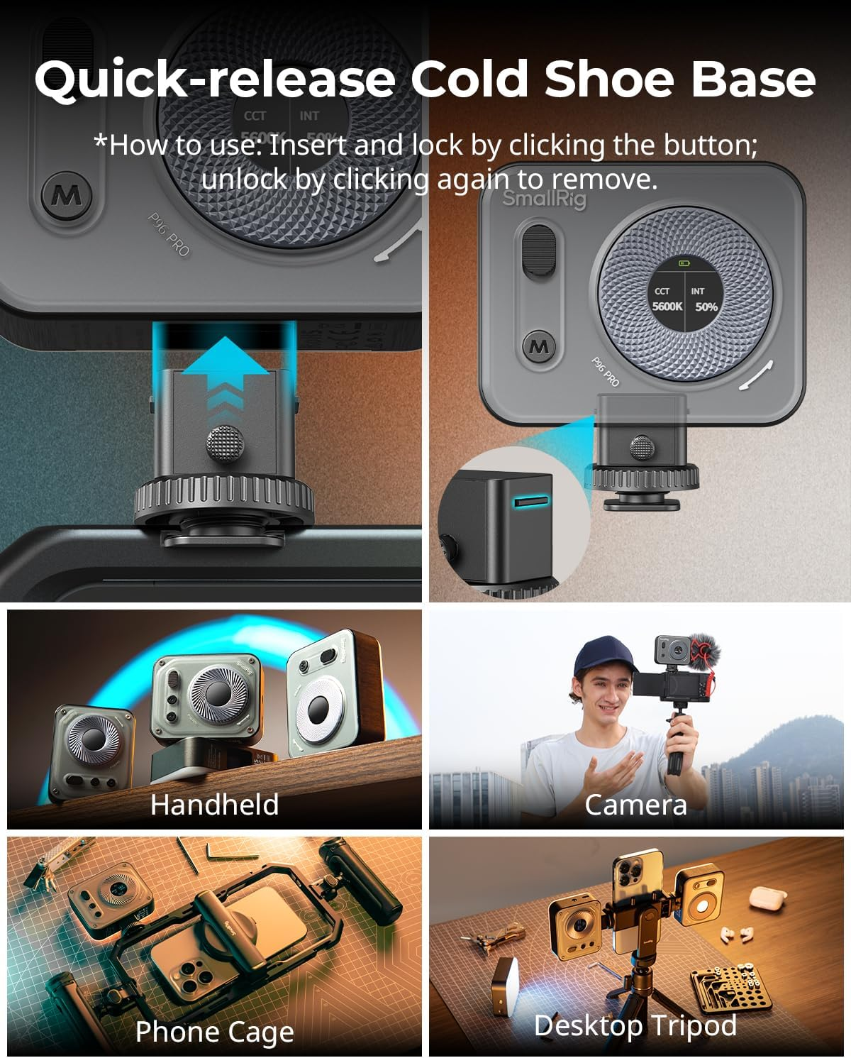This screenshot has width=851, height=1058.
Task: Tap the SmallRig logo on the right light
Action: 545,199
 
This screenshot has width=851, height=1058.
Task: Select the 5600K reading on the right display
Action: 667,307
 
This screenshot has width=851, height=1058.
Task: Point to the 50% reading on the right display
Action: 706,307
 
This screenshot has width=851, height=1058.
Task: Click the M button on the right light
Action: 539,346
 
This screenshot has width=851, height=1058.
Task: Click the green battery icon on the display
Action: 684,264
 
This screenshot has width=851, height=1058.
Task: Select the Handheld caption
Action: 214,805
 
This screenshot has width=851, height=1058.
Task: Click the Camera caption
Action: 635,805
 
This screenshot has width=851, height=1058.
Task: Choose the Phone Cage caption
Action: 214,1032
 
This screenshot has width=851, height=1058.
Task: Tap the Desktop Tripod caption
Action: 635,1025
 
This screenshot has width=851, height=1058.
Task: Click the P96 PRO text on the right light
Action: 606,373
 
